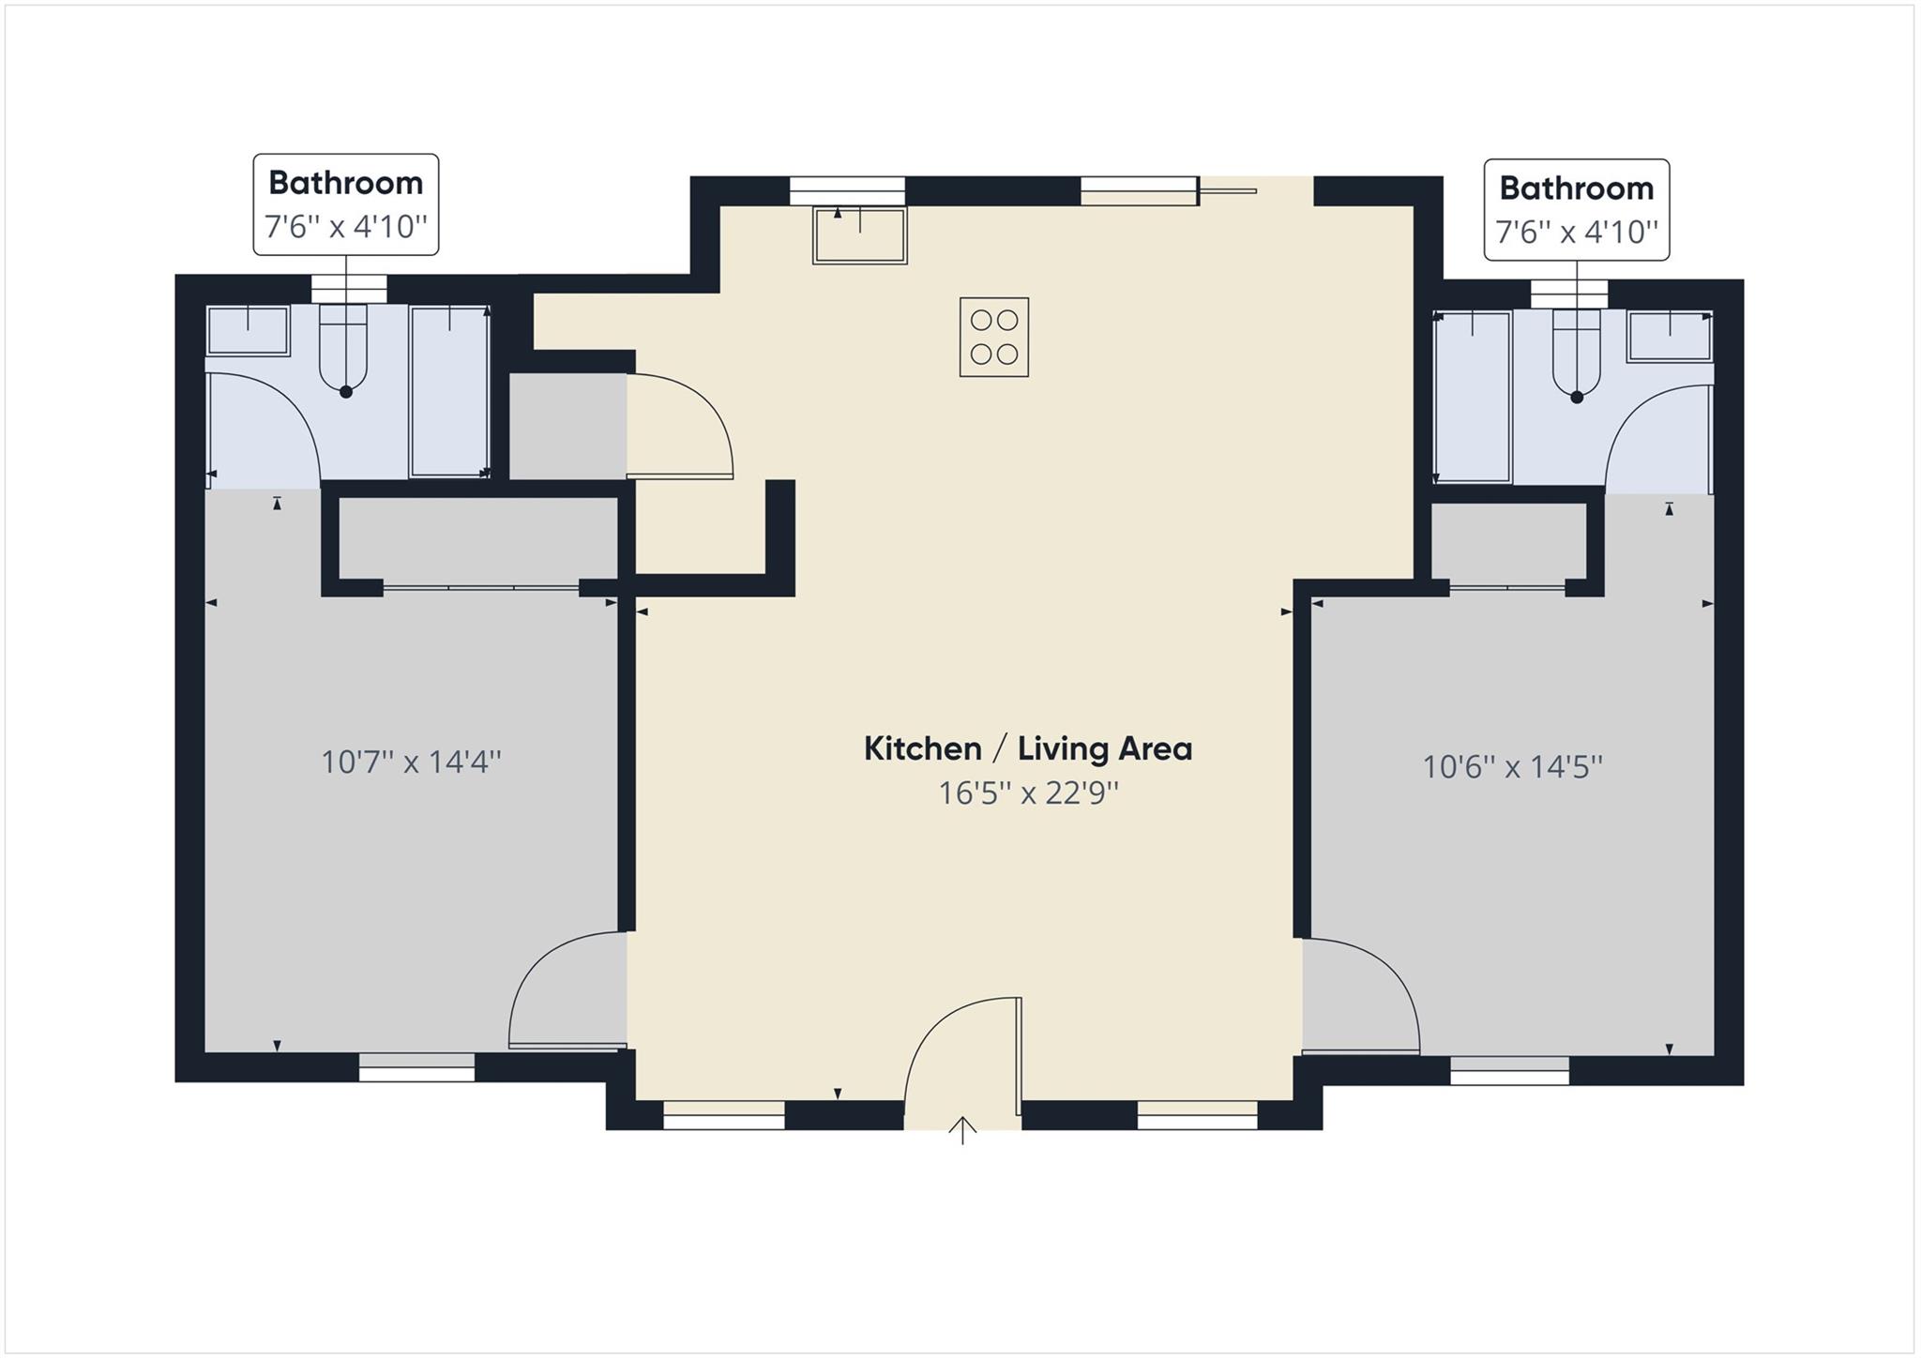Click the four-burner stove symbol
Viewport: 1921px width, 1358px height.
click(993, 338)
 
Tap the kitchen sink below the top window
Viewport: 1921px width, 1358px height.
click(859, 235)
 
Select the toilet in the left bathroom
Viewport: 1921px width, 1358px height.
click(343, 352)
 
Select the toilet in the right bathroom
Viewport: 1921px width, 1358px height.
click(1576, 356)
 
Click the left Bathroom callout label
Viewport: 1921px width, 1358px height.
click(345, 204)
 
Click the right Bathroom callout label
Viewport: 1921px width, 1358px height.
click(1576, 209)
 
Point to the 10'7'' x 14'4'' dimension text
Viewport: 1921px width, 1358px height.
click(411, 762)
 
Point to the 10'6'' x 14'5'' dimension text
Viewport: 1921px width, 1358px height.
click(1512, 767)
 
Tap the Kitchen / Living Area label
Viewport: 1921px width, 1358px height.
click(1027, 748)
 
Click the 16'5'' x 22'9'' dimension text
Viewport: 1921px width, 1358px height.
click(1028, 793)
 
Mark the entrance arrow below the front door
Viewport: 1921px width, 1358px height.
click(962, 1130)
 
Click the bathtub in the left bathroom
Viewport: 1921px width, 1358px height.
click(449, 390)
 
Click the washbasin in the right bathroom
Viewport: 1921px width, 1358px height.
click(1669, 337)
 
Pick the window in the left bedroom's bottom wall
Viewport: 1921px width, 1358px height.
click(416, 1066)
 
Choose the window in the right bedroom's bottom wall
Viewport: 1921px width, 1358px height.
click(1509, 1070)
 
